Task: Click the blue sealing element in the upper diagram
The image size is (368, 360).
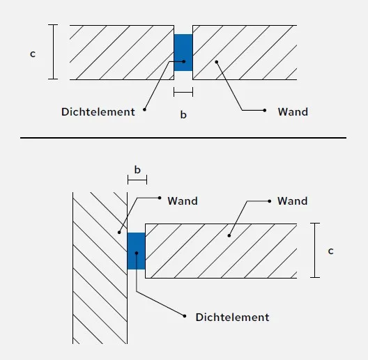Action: pyautogui.click(x=183, y=52)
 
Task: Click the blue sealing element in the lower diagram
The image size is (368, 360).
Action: pyautogui.click(x=136, y=251)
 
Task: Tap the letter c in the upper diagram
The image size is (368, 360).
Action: pyautogui.click(x=33, y=54)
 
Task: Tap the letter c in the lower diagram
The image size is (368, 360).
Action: pyautogui.click(x=330, y=251)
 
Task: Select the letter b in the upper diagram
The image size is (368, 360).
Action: pyautogui.click(x=183, y=114)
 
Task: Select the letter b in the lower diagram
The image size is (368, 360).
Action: pyautogui.click(x=137, y=170)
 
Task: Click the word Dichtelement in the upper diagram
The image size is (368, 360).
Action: pyautogui.click(x=98, y=111)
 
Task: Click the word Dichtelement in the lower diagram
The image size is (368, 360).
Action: pyautogui.click(x=232, y=317)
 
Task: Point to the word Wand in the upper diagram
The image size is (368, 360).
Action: pyautogui.click(x=293, y=111)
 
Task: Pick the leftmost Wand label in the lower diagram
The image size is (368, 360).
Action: pyautogui.click(x=183, y=201)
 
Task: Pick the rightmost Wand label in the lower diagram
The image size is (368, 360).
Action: pyautogui.click(x=293, y=201)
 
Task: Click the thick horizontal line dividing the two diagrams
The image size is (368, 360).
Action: pyautogui.click(x=183, y=138)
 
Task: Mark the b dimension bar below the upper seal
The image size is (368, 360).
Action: pyautogui.click(x=183, y=92)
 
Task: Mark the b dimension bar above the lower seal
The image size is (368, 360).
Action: pyautogui.click(x=137, y=180)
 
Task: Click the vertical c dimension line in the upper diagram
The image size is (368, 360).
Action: pyautogui.click(x=53, y=52)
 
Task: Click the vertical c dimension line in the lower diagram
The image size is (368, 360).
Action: pyautogui.click(x=315, y=250)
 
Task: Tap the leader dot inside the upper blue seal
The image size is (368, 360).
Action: pyautogui.click(x=184, y=61)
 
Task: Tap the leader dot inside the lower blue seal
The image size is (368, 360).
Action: pyautogui.click(x=137, y=253)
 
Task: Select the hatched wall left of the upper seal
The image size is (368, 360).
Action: pyautogui.click(x=122, y=52)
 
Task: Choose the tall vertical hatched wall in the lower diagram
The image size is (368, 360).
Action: pyautogui.click(x=100, y=268)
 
